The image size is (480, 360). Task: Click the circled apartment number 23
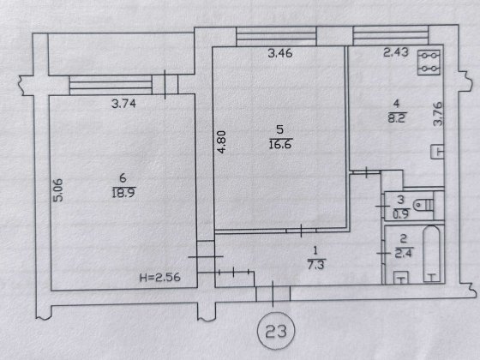pos(276,331)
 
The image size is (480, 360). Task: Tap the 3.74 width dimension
pos(123,104)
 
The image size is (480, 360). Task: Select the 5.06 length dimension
pos(58,190)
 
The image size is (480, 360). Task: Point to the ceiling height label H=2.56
pos(159,278)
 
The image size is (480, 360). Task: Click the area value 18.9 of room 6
pos(123,194)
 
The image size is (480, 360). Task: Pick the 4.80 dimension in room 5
pos(221,142)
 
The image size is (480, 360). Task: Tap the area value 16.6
pos(280,144)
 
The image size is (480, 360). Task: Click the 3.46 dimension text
pos(280,53)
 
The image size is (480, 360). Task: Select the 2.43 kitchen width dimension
pos(396,52)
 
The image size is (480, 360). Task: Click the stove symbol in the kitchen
pos(429,63)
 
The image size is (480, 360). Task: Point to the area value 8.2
pos(396,118)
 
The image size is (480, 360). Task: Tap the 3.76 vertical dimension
pos(438,114)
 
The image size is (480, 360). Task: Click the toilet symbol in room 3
pos(423,205)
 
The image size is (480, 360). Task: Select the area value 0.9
pos(401,214)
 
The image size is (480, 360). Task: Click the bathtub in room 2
pos(431,254)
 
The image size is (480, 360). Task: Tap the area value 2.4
pos(404,253)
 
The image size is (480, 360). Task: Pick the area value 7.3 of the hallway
pos(315,265)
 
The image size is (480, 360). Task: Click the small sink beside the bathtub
pos(401,278)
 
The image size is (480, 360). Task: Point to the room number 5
pos(279,129)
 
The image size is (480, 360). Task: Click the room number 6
pos(123,178)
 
